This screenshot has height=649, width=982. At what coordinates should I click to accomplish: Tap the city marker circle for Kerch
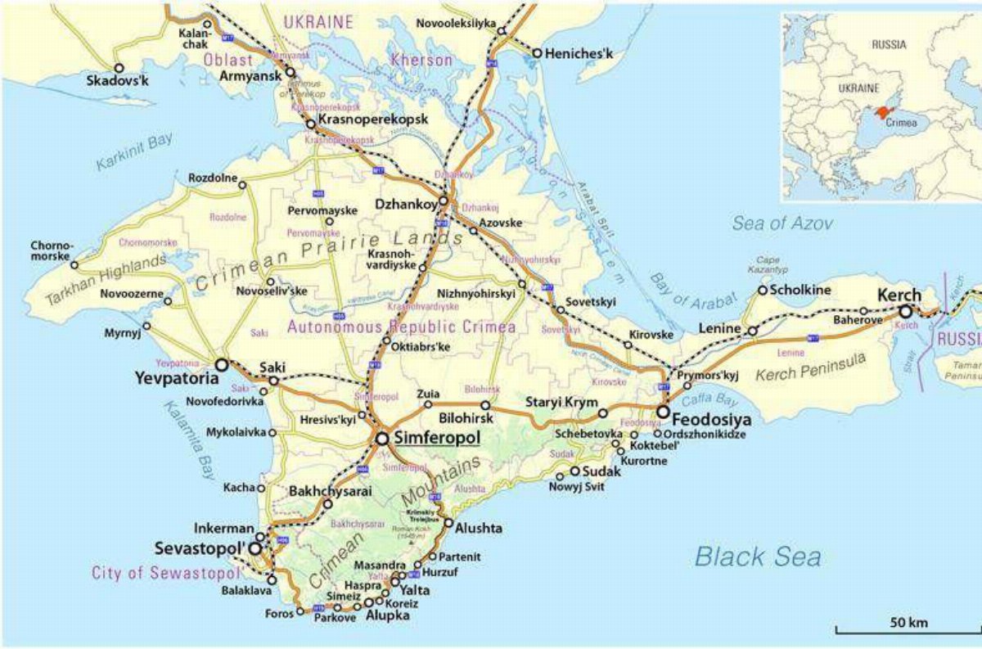point(906,312)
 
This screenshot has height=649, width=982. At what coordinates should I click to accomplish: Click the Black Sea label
point(758,557)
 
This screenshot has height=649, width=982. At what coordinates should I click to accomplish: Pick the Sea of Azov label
point(782,223)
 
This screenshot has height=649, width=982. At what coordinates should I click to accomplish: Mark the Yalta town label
point(415,590)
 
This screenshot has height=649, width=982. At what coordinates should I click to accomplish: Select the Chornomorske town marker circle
point(74,264)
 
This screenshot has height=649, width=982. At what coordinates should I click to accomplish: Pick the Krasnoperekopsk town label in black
point(372,119)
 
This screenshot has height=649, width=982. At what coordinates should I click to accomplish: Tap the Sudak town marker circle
point(574,471)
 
